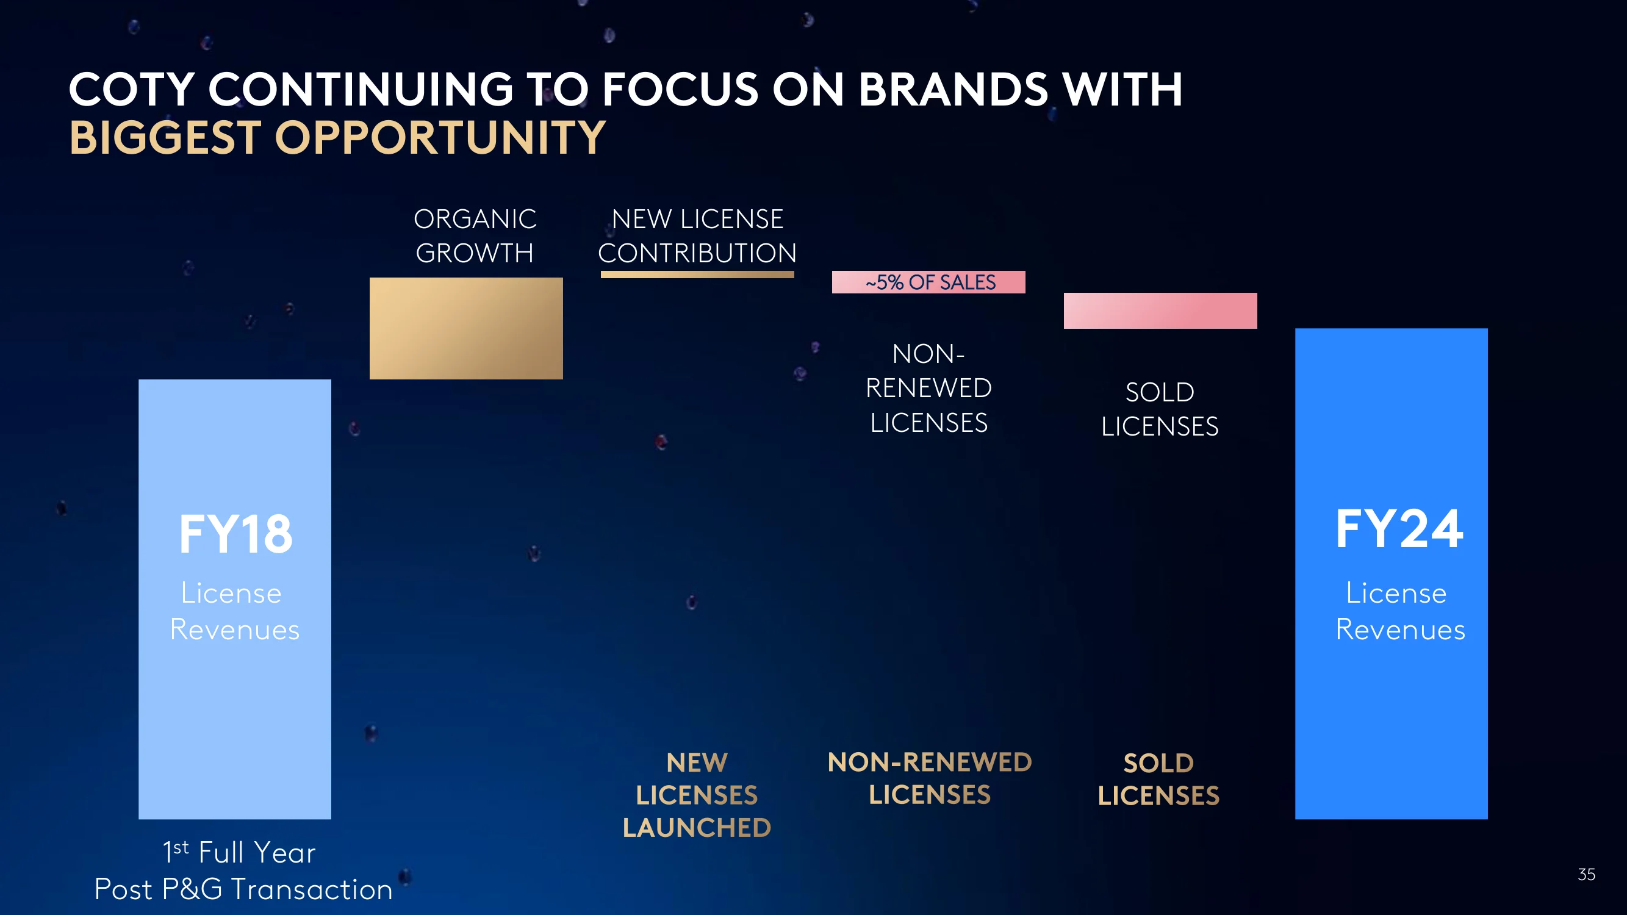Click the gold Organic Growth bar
click(466, 328)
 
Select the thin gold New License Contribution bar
click(697, 274)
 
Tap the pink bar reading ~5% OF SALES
click(928, 282)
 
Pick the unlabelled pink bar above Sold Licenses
click(1160, 310)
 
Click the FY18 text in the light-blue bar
click(235, 534)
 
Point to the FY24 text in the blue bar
click(1399, 529)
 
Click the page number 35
click(1586, 875)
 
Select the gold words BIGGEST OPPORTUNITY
click(337, 138)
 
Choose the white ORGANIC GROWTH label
click(475, 236)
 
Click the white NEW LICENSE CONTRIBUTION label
click(697, 236)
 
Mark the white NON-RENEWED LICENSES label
click(928, 389)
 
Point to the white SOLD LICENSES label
click(1160, 409)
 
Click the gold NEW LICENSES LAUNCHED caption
click(697, 795)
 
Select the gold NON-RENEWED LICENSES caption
click(930, 778)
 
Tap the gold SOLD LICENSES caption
click(1158, 779)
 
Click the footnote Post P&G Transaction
click(243, 890)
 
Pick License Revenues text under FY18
click(234, 611)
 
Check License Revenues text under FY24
click(1400, 611)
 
